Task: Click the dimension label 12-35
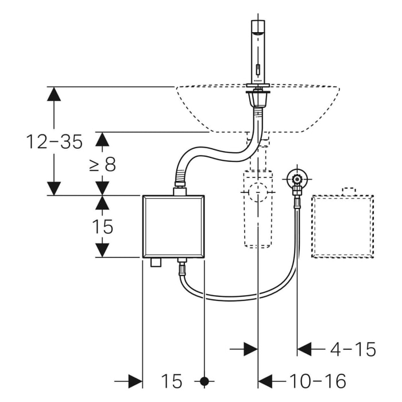[x=54, y=141]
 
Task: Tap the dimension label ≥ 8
[x=102, y=165]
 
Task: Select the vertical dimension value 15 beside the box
[x=102, y=227]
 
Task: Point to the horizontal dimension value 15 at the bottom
[x=171, y=381]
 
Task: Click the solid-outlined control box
[x=173, y=226]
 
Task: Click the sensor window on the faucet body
[x=258, y=71]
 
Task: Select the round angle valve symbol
[x=296, y=178]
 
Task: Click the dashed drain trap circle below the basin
[x=258, y=193]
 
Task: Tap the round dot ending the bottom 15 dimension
[x=204, y=381]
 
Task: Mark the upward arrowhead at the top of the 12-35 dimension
[x=54, y=94]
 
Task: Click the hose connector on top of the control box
[x=180, y=189]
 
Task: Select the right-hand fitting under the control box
[x=182, y=266]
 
